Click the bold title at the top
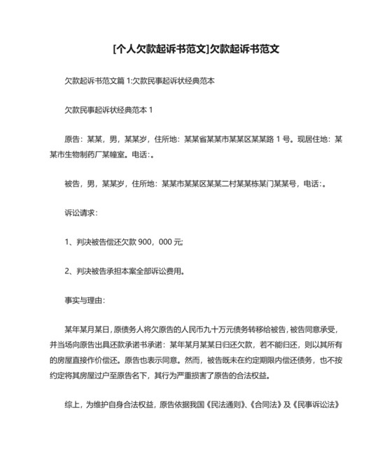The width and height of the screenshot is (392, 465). pos(195,50)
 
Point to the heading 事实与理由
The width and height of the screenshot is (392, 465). pos(84,301)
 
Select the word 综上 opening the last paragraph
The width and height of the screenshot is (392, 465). pos(73,405)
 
